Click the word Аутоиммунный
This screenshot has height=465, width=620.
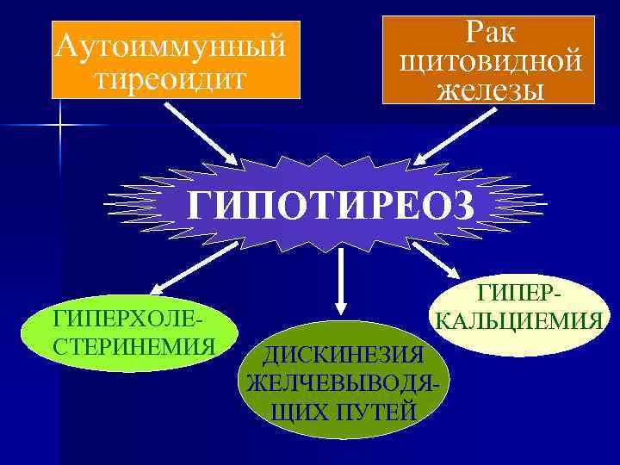[169, 46]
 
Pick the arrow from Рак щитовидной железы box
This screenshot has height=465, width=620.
[451, 134]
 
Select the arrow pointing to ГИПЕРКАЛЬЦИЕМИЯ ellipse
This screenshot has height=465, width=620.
[440, 259]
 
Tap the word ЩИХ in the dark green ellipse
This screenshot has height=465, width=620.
[294, 411]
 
